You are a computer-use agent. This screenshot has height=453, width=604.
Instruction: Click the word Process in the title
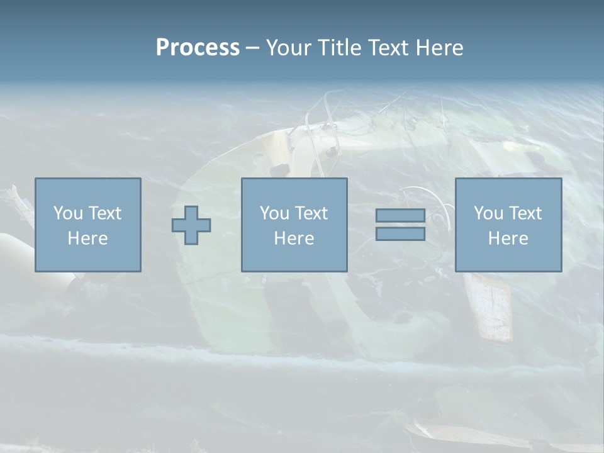198,47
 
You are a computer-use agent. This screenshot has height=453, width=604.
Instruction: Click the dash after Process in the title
252,48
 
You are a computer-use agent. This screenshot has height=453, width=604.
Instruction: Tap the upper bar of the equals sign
400,215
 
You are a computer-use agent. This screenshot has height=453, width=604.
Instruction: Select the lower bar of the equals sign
400,234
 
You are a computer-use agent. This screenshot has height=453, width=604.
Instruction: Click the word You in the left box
68,213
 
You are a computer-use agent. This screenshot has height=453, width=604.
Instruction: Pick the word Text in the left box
104,213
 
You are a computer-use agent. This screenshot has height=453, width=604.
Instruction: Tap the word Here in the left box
87,238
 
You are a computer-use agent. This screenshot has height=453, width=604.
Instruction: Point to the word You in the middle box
274,213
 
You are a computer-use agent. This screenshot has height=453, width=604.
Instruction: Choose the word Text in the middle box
310,213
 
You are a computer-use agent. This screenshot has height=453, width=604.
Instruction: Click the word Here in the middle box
294,238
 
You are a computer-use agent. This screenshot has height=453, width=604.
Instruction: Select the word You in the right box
488,213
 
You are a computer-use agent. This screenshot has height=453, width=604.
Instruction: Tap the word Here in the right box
508,238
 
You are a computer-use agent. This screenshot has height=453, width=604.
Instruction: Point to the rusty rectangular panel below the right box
491,305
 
